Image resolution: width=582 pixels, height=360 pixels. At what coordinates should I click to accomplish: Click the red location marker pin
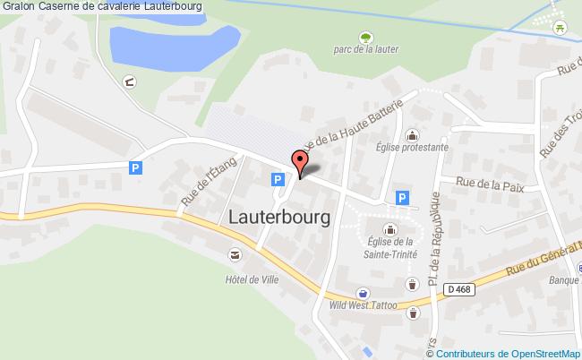(x=300, y=163)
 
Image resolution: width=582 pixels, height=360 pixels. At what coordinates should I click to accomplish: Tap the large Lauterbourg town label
(x=279, y=217)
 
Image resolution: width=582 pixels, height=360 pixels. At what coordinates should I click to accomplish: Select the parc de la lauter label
(x=365, y=50)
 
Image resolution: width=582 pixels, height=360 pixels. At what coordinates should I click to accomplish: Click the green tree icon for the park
(x=365, y=37)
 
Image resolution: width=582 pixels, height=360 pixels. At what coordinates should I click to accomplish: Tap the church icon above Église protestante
(x=412, y=135)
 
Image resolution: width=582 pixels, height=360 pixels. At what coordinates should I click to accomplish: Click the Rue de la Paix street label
(x=489, y=184)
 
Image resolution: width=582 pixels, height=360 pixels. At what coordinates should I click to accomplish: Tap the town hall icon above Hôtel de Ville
(x=235, y=256)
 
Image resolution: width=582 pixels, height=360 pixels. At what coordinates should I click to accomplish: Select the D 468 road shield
(x=459, y=288)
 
